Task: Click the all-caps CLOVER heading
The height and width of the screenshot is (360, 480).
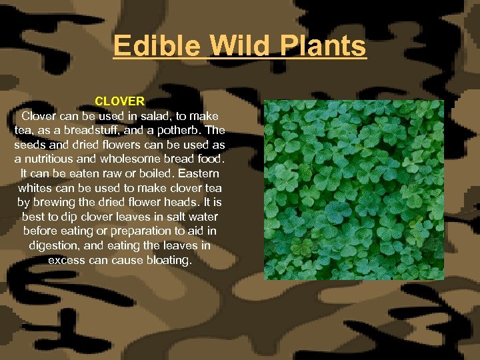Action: tap(119, 101)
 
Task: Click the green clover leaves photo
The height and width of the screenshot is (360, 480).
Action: tap(354, 189)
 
